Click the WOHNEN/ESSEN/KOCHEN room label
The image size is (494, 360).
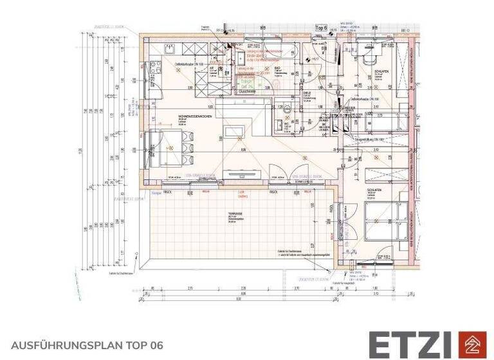click(192, 116)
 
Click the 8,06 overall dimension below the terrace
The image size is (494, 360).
click(238, 298)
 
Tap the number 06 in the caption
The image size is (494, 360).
click(157, 345)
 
